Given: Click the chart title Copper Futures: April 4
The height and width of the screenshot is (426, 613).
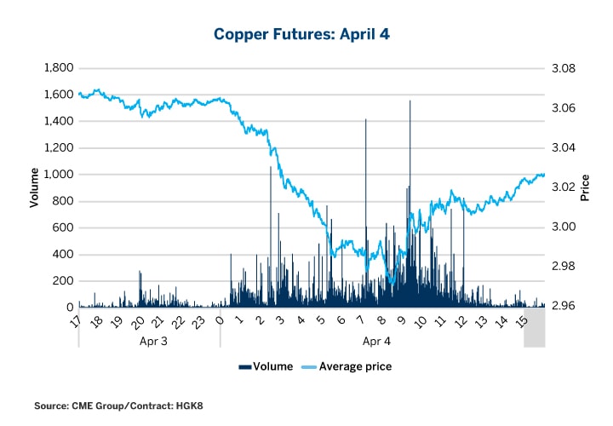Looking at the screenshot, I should click(x=306, y=34).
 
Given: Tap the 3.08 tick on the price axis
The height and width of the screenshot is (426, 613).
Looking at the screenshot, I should click(x=566, y=68).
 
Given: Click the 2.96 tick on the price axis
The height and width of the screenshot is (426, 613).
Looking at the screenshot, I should click(x=566, y=307).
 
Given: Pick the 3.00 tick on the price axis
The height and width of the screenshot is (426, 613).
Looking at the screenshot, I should click(x=566, y=227).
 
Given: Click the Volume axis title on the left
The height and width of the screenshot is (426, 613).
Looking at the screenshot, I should click(x=34, y=187).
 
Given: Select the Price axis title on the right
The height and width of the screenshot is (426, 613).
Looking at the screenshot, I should click(x=585, y=187).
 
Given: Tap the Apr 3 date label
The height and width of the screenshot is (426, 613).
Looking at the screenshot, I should click(x=150, y=341).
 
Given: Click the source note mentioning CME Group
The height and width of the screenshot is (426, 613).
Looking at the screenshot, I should click(x=118, y=406).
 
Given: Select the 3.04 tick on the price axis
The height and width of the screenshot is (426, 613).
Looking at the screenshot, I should click(x=566, y=148).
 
